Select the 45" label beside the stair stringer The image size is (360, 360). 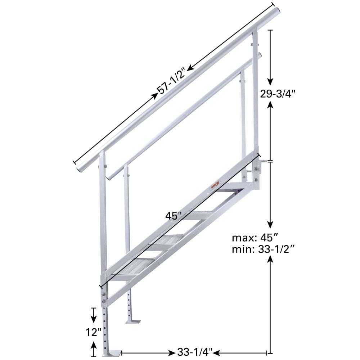pyautogui.click(x=172, y=216)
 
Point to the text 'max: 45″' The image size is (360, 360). pyautogui.click(x=255, y=238)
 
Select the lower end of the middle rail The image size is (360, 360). pyautogui.click(x=109, y=177)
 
